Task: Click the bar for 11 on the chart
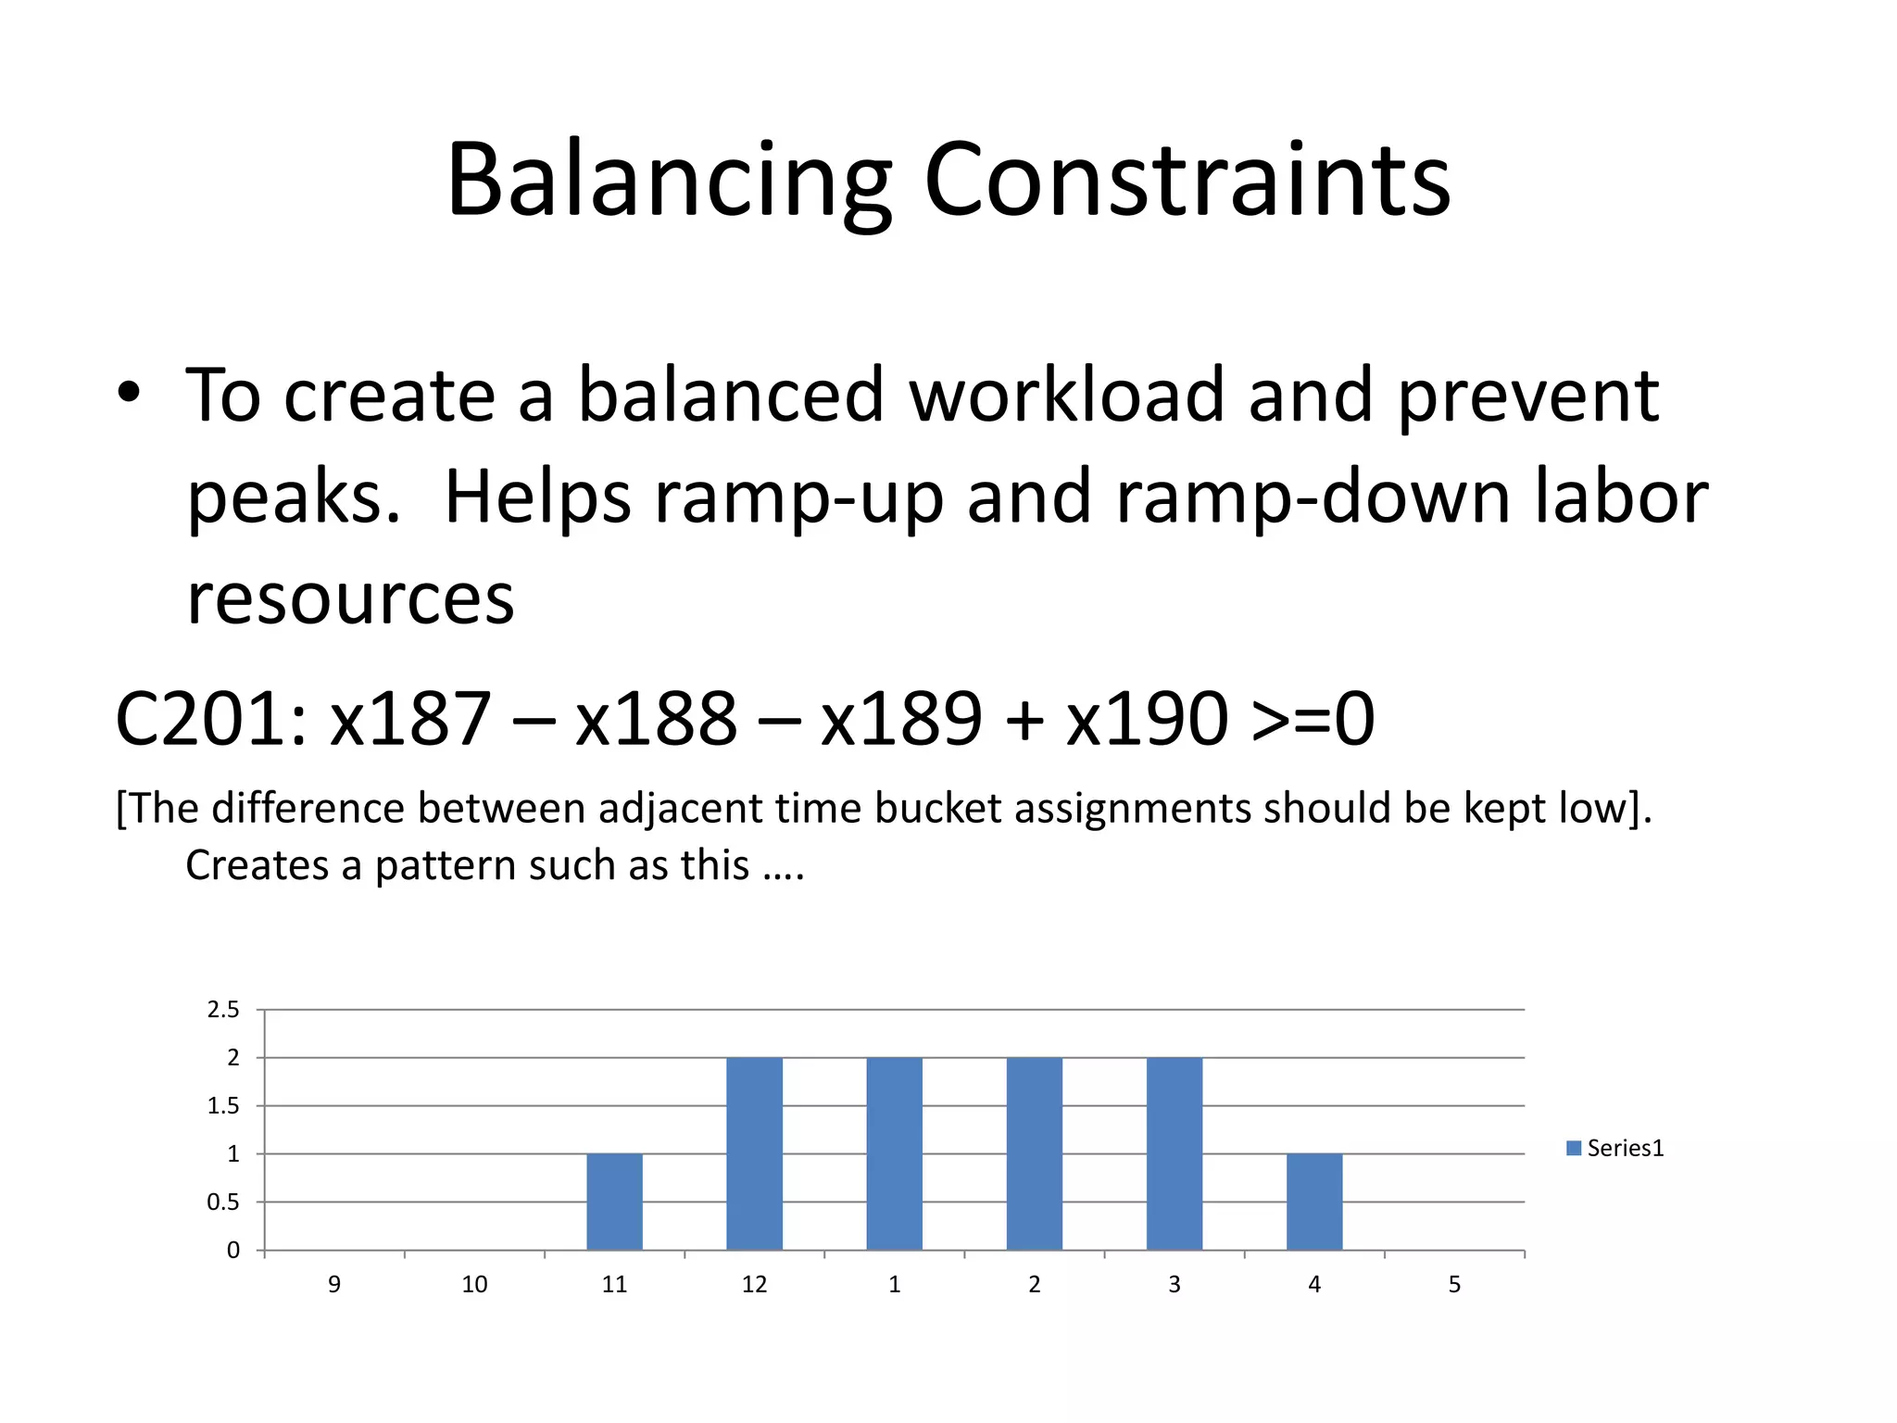tap(614, 1202)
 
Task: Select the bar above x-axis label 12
tap(754, 1153)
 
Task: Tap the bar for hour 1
tap(894, 1153)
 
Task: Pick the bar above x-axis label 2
tap(1034, 1153)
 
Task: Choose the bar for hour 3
tap(1174, 1153)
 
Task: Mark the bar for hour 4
tap(1313, 1202)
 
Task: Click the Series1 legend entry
tap(1615, 1149)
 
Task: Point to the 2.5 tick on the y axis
tap(223, 1010)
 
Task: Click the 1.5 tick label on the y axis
tap(223, 1106)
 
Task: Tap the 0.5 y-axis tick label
tap(223, 1203)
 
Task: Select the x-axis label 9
tap(334, 1284)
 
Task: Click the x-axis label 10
tap(474, 1284)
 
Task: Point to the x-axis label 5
tap(1454, 1284)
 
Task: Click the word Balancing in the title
tap(669, 181)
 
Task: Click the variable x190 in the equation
tap(1146, 719)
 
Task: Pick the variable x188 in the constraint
tap(656, 719)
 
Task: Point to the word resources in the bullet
tap(350, 599)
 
